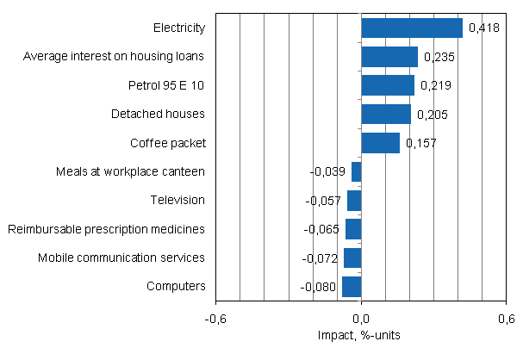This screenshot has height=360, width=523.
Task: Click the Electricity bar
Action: (x=411, y=28)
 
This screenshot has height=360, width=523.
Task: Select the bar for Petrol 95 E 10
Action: (x=388, y=85)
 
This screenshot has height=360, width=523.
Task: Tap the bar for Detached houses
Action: (x=386, y=114)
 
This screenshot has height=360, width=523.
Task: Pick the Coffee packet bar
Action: (x=380, y=143)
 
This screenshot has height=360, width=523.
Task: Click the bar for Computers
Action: (x=352, y=286)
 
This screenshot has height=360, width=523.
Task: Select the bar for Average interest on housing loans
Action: (x=389, y=57)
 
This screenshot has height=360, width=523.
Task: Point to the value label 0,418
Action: (x=483, y=28)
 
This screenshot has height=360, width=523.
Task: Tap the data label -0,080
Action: (x=319, y=286)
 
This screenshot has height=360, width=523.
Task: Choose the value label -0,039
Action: (x=328, y=171)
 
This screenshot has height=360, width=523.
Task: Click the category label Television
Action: (x=177, y=200)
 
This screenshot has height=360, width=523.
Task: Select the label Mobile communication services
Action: (x=121, y=258)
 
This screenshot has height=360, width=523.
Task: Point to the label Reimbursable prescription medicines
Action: (x=106, y=229)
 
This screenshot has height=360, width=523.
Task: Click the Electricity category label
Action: (x=178, y=28)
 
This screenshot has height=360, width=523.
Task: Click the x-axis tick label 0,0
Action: (x=361, y=318)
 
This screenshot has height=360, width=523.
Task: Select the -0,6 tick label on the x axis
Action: (x=215, y=318)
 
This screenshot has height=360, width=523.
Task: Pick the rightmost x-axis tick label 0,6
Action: (x=506, y=318)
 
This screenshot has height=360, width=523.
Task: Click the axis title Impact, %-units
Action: (x=361, y=334)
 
